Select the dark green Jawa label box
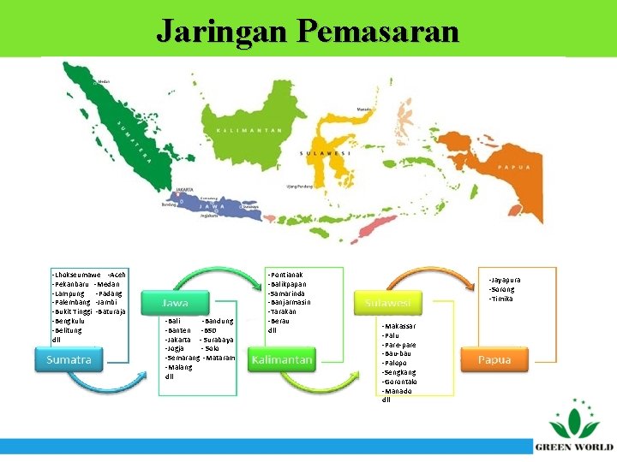tap(176, 303)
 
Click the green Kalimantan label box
tap(281, 360)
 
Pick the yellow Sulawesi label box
tap(387, 303)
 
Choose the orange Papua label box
tap(494, 360)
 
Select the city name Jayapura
tap(506, 280)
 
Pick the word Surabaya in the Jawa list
tap(219, 340)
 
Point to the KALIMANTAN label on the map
tap(249, 130)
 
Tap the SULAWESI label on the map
tap(324, 154)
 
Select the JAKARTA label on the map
tap(184, 190)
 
